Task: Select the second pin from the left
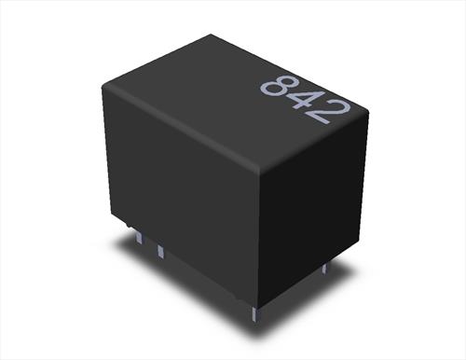[x=160, y=251]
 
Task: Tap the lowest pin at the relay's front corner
[x=255, y=313]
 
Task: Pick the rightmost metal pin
[x=324, y=269]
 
